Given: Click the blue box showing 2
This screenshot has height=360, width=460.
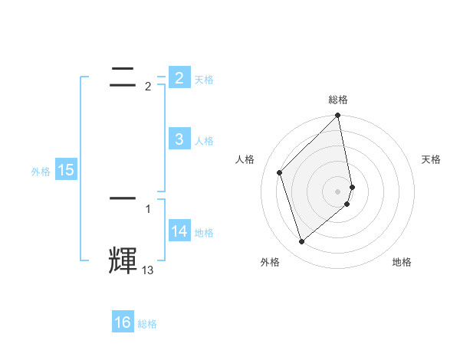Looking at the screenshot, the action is pos(179,77).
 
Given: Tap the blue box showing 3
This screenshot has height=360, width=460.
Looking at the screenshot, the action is pos(179,139).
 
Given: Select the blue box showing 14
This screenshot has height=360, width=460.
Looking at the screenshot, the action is pos(179,231).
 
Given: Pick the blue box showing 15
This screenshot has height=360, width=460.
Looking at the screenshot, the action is pos(66,170).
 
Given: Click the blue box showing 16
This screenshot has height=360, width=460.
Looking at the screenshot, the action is pos(123,322).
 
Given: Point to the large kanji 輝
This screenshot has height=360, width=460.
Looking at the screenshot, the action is pos(123,260).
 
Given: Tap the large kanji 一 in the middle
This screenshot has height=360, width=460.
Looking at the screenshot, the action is pos(123,198).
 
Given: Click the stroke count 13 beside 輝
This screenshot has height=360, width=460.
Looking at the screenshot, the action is pos(148,270).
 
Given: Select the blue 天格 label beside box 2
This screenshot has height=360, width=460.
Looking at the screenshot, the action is pos(204,80).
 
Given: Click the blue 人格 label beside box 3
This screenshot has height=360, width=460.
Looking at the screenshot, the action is pos(204,141).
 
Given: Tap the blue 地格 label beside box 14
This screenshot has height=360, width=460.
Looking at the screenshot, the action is pos(204,233).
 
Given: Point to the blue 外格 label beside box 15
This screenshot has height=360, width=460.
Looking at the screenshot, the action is pos(41,172).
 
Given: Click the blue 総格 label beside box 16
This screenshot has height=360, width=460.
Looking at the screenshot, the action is pos(147,325).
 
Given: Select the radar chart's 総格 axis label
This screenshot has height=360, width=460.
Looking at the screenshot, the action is pos(338,100).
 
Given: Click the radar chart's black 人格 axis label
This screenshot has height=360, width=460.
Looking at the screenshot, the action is pos(245,159).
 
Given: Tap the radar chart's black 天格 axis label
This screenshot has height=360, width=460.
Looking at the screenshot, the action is pos(431,159).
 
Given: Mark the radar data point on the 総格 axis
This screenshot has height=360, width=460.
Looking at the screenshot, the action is pos(338,116).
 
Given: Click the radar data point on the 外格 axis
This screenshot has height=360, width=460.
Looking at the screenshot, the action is pos(302,242).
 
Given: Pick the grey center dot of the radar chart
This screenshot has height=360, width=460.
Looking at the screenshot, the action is pos(338,191).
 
